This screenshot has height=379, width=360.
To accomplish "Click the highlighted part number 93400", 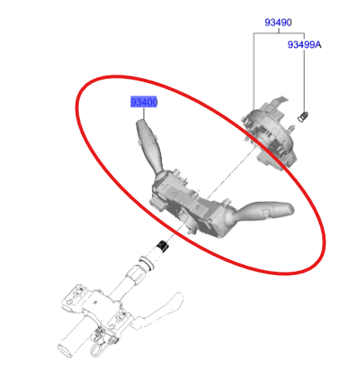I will pyautogui.click(x=144, y=102).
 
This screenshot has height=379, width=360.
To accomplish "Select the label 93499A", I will pyautogui.click(x=304, y=44).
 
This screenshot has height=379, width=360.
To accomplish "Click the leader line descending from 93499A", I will pyautogui.click(x=303, y=80).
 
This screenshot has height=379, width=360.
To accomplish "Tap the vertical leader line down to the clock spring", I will pyautogui.click(x=254, y=75).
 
